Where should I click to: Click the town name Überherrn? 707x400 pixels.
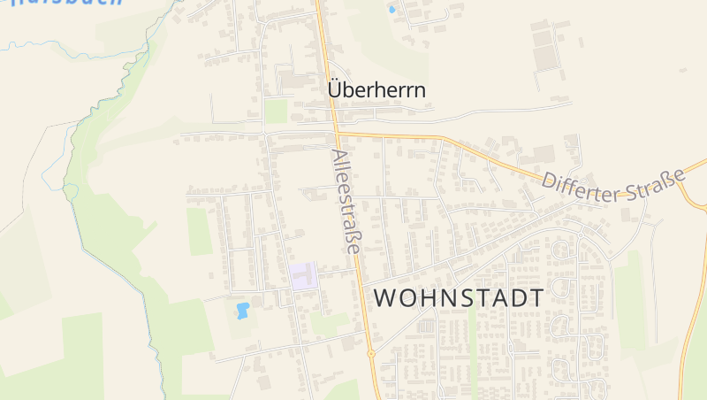[376, 90]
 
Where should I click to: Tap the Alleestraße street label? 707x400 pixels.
[346, 202]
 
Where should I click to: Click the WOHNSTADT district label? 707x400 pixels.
[460, 298]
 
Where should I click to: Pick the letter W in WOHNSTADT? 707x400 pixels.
[385, 298]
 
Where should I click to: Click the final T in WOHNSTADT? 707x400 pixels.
[536, 298]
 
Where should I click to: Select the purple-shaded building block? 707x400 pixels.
[303, 275]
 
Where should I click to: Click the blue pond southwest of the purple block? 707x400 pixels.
[241, 311]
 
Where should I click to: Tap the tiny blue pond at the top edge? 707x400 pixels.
[392, 10]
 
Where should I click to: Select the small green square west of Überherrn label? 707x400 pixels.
[277, 111]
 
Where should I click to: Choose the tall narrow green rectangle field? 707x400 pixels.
[200, 232]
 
